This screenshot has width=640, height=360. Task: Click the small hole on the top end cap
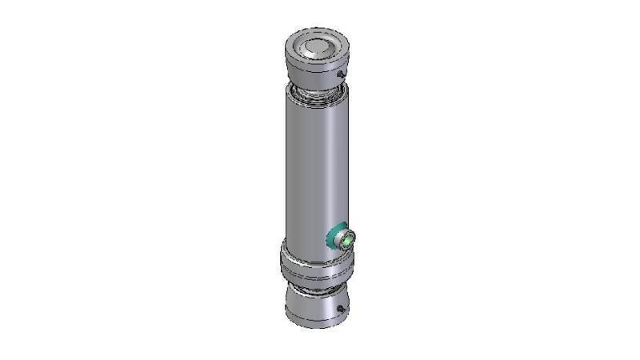pyautogui.click(x=342, y=74)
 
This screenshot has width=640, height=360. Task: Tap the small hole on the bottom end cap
pyautogui.click(x=342, y=309)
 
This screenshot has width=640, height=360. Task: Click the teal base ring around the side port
pyautogui.click(x=334, y=238)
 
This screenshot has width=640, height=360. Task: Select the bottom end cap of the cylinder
pyautogui.click(x=318, y=308)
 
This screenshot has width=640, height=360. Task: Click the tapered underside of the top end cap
pyautogui.click(x=318, y=80)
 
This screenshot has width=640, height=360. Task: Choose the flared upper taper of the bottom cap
pyautogui.click(x=317, y=293)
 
